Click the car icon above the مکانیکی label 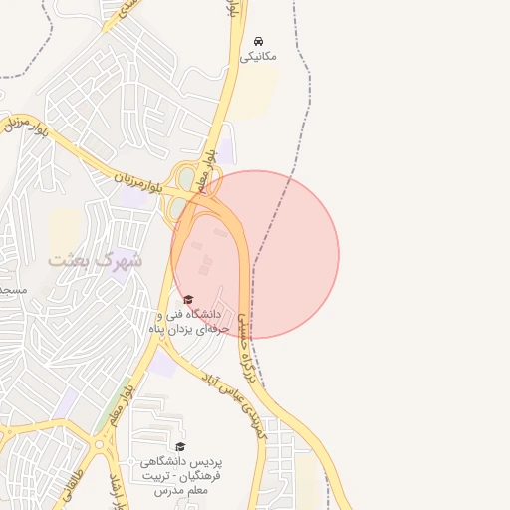click(259, 41)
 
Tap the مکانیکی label click(259, 57)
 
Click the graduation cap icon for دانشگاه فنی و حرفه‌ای click(187, 299)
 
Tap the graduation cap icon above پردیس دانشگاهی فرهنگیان click(180, 446)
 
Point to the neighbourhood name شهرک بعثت click(96, 259)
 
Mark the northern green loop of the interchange click(184, 175)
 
